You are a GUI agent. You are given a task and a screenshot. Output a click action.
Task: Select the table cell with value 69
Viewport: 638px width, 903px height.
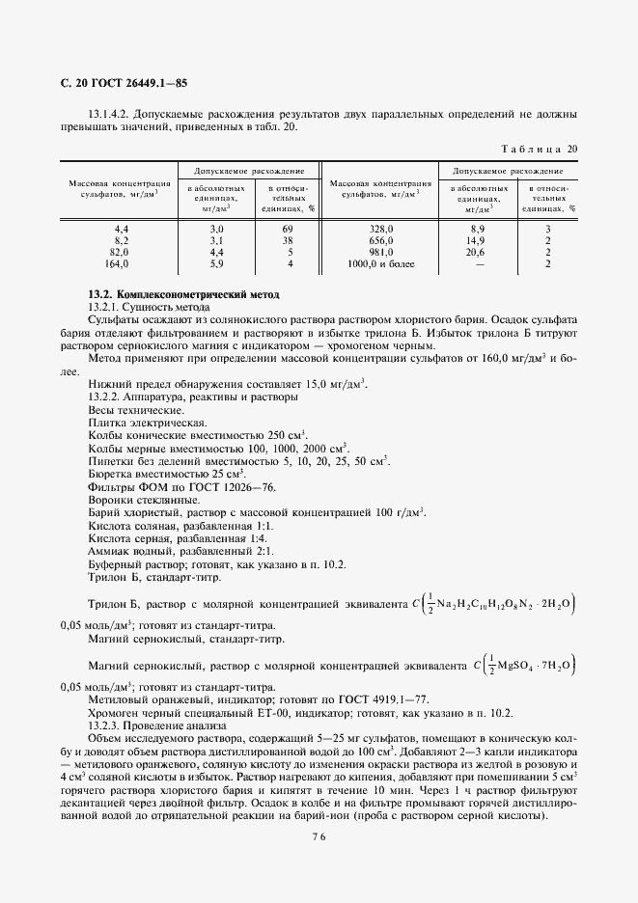tap(287, 229)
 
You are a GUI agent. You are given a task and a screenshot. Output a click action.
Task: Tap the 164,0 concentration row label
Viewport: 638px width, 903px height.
tap(116, 262)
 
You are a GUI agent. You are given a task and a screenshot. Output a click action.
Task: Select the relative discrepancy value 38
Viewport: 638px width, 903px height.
tap(287, 239)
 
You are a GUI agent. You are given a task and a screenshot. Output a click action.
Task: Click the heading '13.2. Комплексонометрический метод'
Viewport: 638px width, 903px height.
tap(182, 293)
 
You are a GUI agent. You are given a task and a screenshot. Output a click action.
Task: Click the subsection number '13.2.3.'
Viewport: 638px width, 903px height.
tap(105, 725)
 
